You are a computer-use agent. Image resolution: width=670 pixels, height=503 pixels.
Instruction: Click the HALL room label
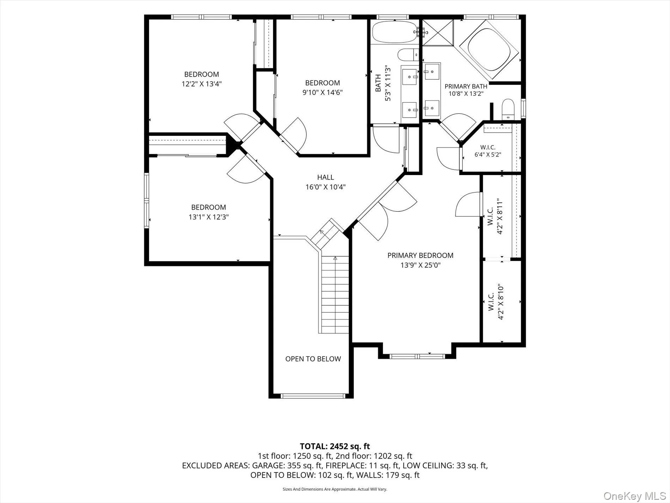(x=325, y=177)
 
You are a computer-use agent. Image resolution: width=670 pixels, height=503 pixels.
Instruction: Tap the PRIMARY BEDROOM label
(x=420, y=255)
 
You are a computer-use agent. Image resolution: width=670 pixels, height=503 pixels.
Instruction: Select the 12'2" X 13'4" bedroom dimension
(x=202, y=84)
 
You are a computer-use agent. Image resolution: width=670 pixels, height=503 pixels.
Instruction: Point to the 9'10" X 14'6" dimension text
(x=323, y=92)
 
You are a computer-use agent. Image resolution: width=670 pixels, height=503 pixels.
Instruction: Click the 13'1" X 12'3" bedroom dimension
(x=209, y=217)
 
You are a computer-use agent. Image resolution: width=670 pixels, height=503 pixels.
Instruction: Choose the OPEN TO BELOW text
(x=313, y=359)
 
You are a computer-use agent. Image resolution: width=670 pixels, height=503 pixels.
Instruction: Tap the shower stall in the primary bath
(x=438, y=33)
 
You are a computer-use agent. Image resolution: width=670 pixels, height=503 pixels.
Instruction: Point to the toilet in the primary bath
(x=507, y=109)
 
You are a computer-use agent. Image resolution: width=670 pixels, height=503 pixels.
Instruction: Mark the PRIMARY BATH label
(x=466, y=86)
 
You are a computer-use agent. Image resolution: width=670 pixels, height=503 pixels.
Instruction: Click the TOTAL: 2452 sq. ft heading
(x=335, y=447)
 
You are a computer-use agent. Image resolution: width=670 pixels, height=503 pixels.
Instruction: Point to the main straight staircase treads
(x=335, y=294)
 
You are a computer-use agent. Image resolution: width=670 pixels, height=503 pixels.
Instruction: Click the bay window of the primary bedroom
(x=418, y=356)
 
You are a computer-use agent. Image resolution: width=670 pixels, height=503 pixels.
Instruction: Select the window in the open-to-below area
(x=313, y=396)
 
